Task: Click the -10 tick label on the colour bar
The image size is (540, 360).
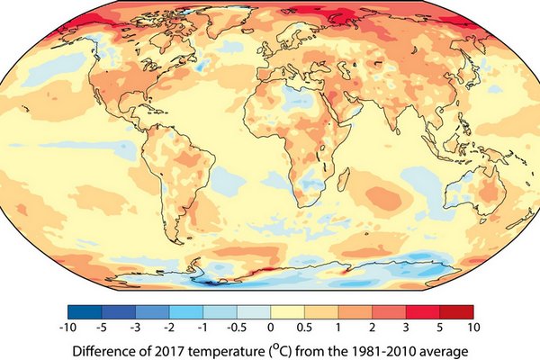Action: tap(68, 326)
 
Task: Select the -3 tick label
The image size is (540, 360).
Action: tap(136, 326)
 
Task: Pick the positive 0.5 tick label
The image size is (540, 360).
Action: tap(305, 326)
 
